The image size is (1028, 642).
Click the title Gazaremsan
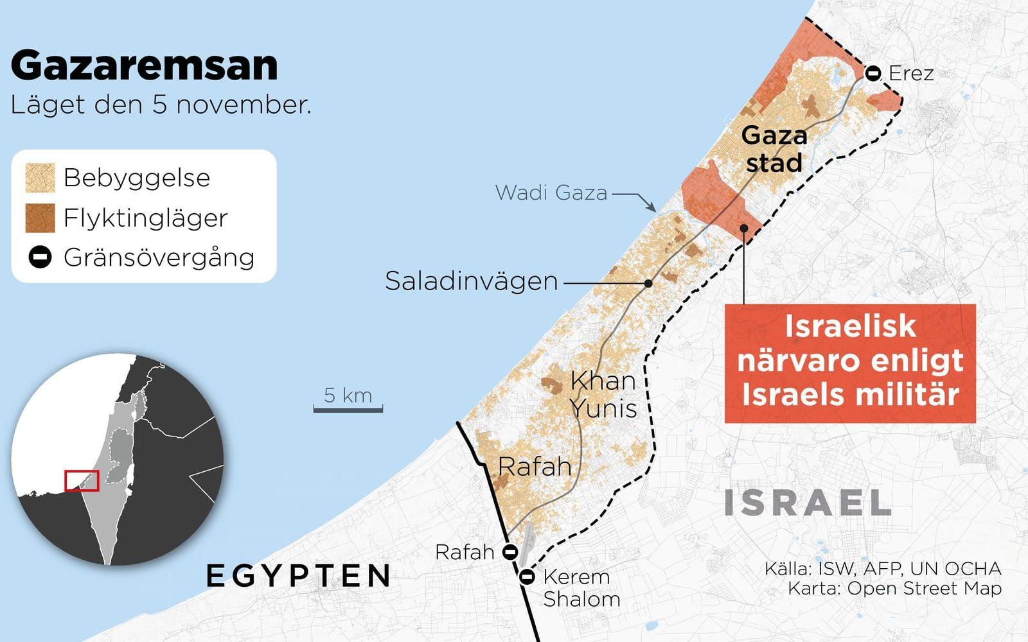pos(145,65)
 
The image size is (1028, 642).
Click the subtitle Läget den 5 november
pos(161,105)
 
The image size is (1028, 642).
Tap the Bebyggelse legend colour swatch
pos(40,178)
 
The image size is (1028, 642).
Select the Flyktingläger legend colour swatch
pos(40,218)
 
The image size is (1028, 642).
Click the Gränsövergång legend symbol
pos(40,257)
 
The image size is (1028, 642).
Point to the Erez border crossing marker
pos(873,73)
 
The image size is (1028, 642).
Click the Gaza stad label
pos(774,149)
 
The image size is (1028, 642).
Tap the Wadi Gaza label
pos(551,193)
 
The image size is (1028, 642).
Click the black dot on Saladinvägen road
pos(648,283)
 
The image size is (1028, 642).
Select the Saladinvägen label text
pos(471,281)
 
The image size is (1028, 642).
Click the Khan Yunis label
pos(603,394)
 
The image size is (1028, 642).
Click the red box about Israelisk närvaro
pos(850,363)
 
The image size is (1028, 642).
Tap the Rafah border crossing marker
pos(510,551)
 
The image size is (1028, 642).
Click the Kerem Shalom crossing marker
pos(527,577)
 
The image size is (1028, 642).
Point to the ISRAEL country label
pos(808,503)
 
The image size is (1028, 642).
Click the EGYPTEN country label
pos(299,576)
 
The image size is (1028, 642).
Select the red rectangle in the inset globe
pos(82,481)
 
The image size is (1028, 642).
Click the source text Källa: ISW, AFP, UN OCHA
pos(883,569)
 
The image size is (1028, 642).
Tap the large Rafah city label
pos(535,467)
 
